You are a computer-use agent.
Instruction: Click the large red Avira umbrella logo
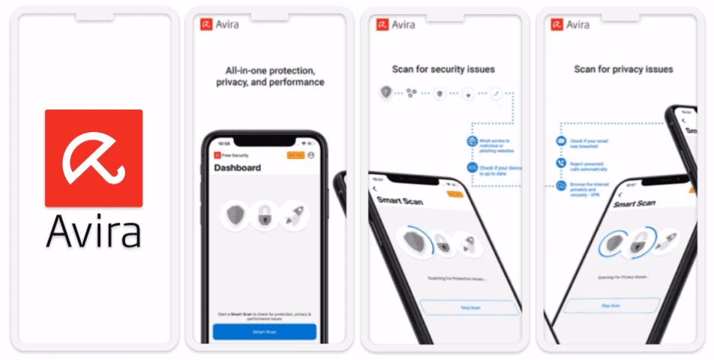94,157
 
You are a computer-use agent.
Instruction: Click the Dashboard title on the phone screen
238,168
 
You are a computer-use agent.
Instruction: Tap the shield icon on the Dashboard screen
236,215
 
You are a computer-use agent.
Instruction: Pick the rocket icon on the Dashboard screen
293,215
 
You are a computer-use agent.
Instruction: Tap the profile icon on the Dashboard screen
310,154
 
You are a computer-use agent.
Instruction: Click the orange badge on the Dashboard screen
295,154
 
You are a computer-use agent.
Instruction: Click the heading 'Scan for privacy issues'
623,70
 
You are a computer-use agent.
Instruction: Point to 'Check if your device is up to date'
498,169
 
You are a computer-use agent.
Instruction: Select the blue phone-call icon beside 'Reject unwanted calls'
560,162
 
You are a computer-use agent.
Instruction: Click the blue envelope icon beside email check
560,141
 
